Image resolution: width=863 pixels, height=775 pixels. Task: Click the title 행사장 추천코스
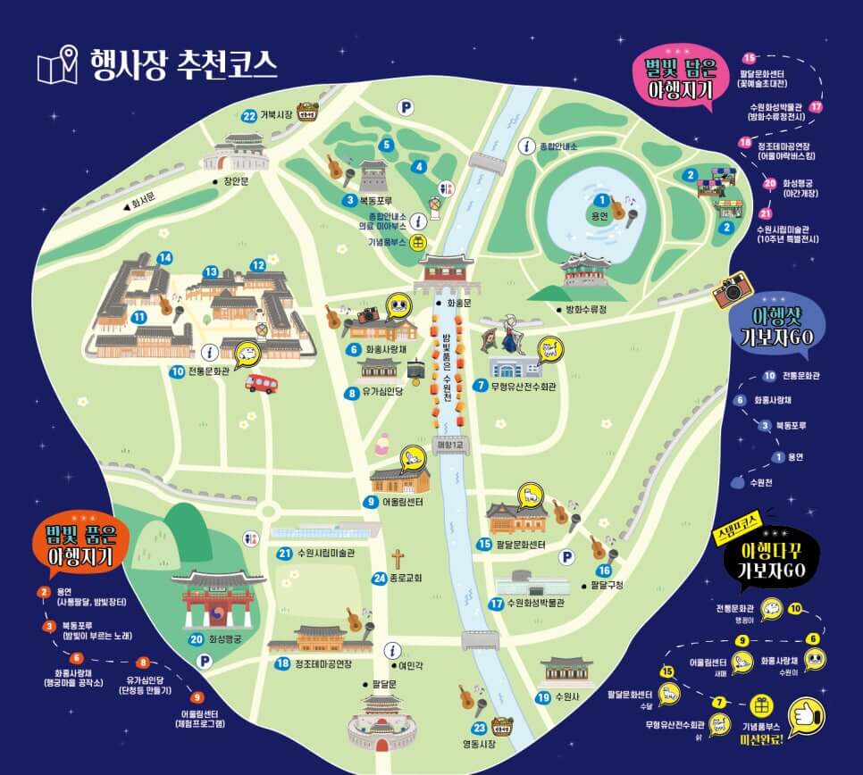pos(183,65)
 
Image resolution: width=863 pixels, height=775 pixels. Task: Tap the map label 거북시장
pos(277,115)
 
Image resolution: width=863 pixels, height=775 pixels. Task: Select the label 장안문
pos(238,181)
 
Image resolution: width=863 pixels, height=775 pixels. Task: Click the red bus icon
pos(261,384)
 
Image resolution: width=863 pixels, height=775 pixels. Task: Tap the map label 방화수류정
pos(586,310)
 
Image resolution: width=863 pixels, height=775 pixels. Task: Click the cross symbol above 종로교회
pos(398,559)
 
